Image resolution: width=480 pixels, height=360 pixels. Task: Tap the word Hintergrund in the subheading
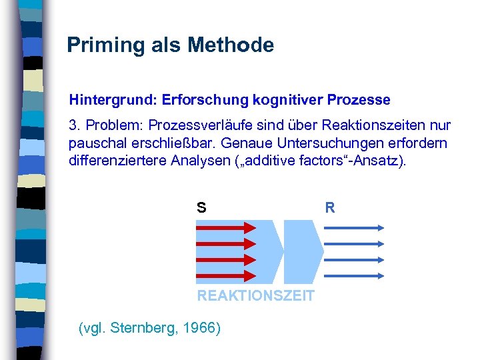pyautogui.click(x=111, y=101)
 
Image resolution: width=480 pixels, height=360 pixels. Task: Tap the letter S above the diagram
pyautogui.click(x=201, y=208)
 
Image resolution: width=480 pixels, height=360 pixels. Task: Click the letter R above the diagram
pyautogui.click(x=330, y=208)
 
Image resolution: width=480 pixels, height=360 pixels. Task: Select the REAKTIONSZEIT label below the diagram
pyautogui.click(x=255, y=296)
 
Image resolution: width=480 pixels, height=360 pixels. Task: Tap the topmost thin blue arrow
pyautogui.click(x=353, y=227)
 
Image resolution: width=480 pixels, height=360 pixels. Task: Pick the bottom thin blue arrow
pyautogui.click(x=353, y=275)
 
